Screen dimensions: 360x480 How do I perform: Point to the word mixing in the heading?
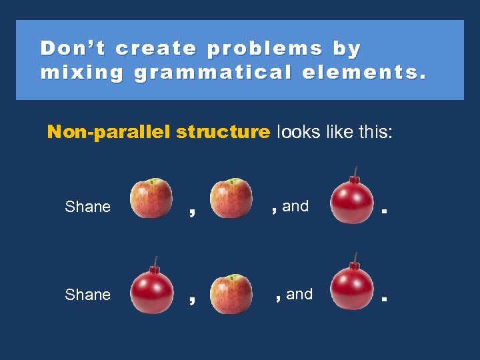point(81,72)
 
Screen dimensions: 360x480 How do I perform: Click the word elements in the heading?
point(364,72)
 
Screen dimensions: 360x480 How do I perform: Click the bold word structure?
point(223,132)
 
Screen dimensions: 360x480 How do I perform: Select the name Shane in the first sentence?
point(88,207)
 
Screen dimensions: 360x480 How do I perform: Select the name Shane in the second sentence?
point(88,295)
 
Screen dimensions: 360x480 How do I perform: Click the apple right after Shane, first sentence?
point(151,199)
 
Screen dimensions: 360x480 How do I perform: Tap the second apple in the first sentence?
point(231,199)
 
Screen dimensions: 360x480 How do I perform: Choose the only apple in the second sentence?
point(231,293)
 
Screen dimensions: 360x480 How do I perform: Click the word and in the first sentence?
point(295,207)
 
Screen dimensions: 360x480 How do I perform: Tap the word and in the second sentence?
point(299,295)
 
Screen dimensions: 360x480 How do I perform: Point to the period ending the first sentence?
point(384,213)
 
